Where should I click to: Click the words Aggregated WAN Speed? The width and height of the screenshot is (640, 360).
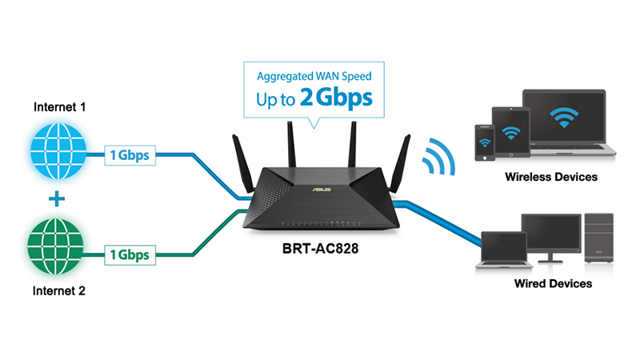tap(314, 77)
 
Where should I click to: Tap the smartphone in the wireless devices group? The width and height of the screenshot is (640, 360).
tap(483, 142)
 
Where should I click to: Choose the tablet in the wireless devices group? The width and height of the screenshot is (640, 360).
tap(509, 132)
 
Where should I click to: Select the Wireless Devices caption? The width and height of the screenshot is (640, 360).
tap(551, 177)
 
